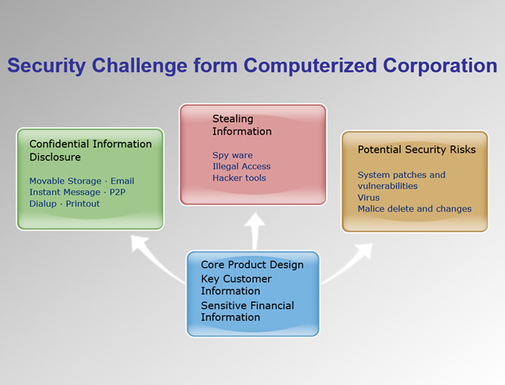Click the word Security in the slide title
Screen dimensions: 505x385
pos(46,66)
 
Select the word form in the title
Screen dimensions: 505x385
pos(216,65)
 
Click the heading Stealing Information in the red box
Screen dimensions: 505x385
pos(242,125)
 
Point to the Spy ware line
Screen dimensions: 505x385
pos(232,155)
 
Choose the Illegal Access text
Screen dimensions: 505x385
pos(242,166)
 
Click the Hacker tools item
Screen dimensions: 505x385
pos(239,178)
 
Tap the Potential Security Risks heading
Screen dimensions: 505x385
pos(417,150)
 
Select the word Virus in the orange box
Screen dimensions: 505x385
pos(369,197)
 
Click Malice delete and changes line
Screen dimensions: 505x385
pos(414,208)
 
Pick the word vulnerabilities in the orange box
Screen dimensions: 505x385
pos(388,186)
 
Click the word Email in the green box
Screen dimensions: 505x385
pos(122,181)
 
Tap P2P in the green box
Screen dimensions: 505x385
pos(118,192)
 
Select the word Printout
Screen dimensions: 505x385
pos(83,204)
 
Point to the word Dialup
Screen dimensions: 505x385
pos(43,204)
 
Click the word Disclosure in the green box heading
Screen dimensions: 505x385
pos(55,157)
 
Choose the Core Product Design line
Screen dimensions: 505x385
pos(252,265)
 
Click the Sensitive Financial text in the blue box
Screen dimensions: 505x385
pos(247,305)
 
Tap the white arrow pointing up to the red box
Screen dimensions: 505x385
pos(255,231)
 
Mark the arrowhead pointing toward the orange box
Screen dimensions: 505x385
pos(365,251)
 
